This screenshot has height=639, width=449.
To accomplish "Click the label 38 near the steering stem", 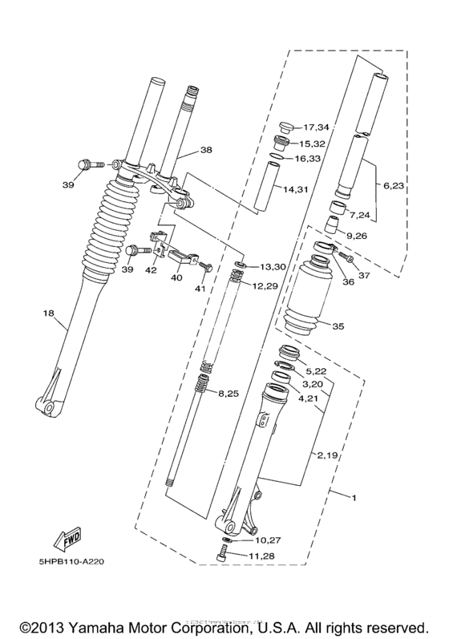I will (x=206, y=150).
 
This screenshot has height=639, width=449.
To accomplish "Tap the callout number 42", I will (x=150, y=270).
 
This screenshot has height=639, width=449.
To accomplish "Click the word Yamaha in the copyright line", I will (x=99, y=626).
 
